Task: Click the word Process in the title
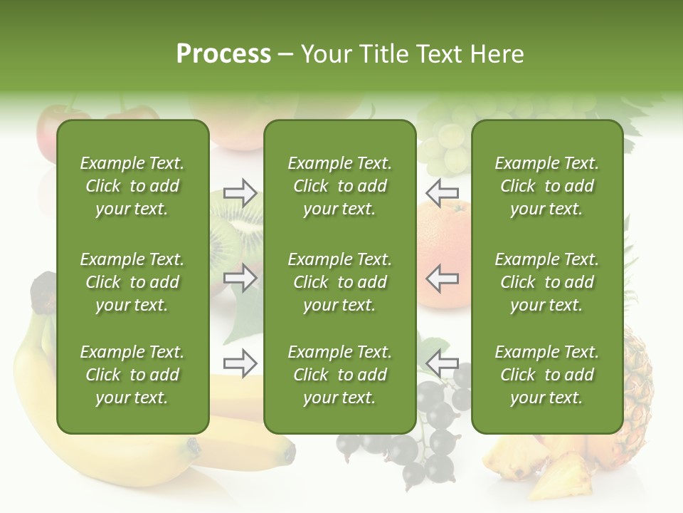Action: coord(223,54)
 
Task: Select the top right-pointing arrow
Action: coord(240,193)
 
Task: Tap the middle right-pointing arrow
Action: coord(240,278)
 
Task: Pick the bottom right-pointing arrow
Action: coord(240,363)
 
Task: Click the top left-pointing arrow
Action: coord(443,192)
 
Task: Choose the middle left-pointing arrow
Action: coord(443,278)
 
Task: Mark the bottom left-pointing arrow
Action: coord(443,363)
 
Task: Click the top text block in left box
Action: coord(132,186)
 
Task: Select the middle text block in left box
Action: coord(132,282)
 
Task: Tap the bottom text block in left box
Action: coord(132,375)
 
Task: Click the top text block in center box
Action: coord(339,186)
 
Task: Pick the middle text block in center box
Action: coord(339,282)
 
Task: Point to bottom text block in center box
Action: coord(339,375)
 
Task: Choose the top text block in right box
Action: coord(546,186)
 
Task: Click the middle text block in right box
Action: coord(546,282)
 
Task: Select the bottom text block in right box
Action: coord(546,375)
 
